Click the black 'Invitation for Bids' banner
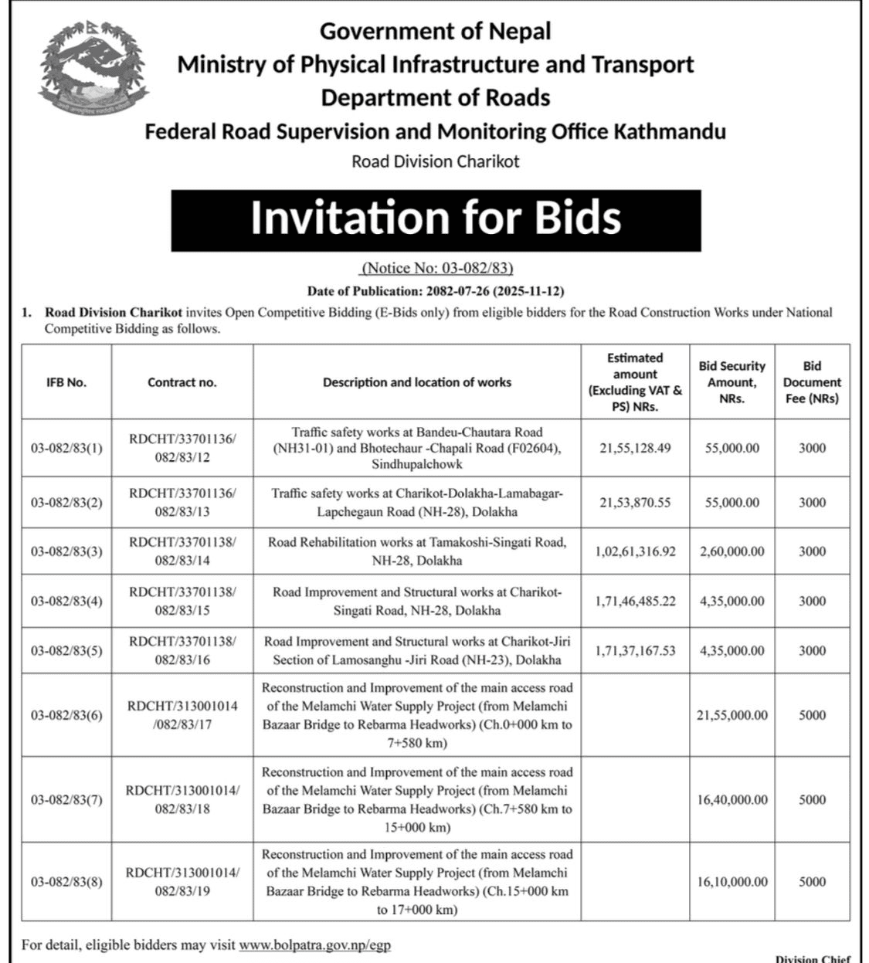(436, 219)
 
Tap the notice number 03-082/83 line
(436, 269)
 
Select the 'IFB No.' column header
(66, 382)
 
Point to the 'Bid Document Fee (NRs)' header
(811, 382)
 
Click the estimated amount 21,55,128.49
(635, 448)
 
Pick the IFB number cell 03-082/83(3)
(66, 551)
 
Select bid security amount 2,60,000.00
(732, 551)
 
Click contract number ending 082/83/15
(182, 601)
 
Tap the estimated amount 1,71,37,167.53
(635, 650)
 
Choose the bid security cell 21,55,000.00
(732, 715)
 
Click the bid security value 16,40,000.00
(732, 800)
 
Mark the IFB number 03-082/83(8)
(66, 882)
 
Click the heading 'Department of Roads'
(436, 98)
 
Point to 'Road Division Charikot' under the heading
(436, 161)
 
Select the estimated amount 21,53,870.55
(635, 502)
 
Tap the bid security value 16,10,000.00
(732, 882)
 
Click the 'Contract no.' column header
(182, 382)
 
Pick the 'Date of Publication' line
(436, 291)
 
